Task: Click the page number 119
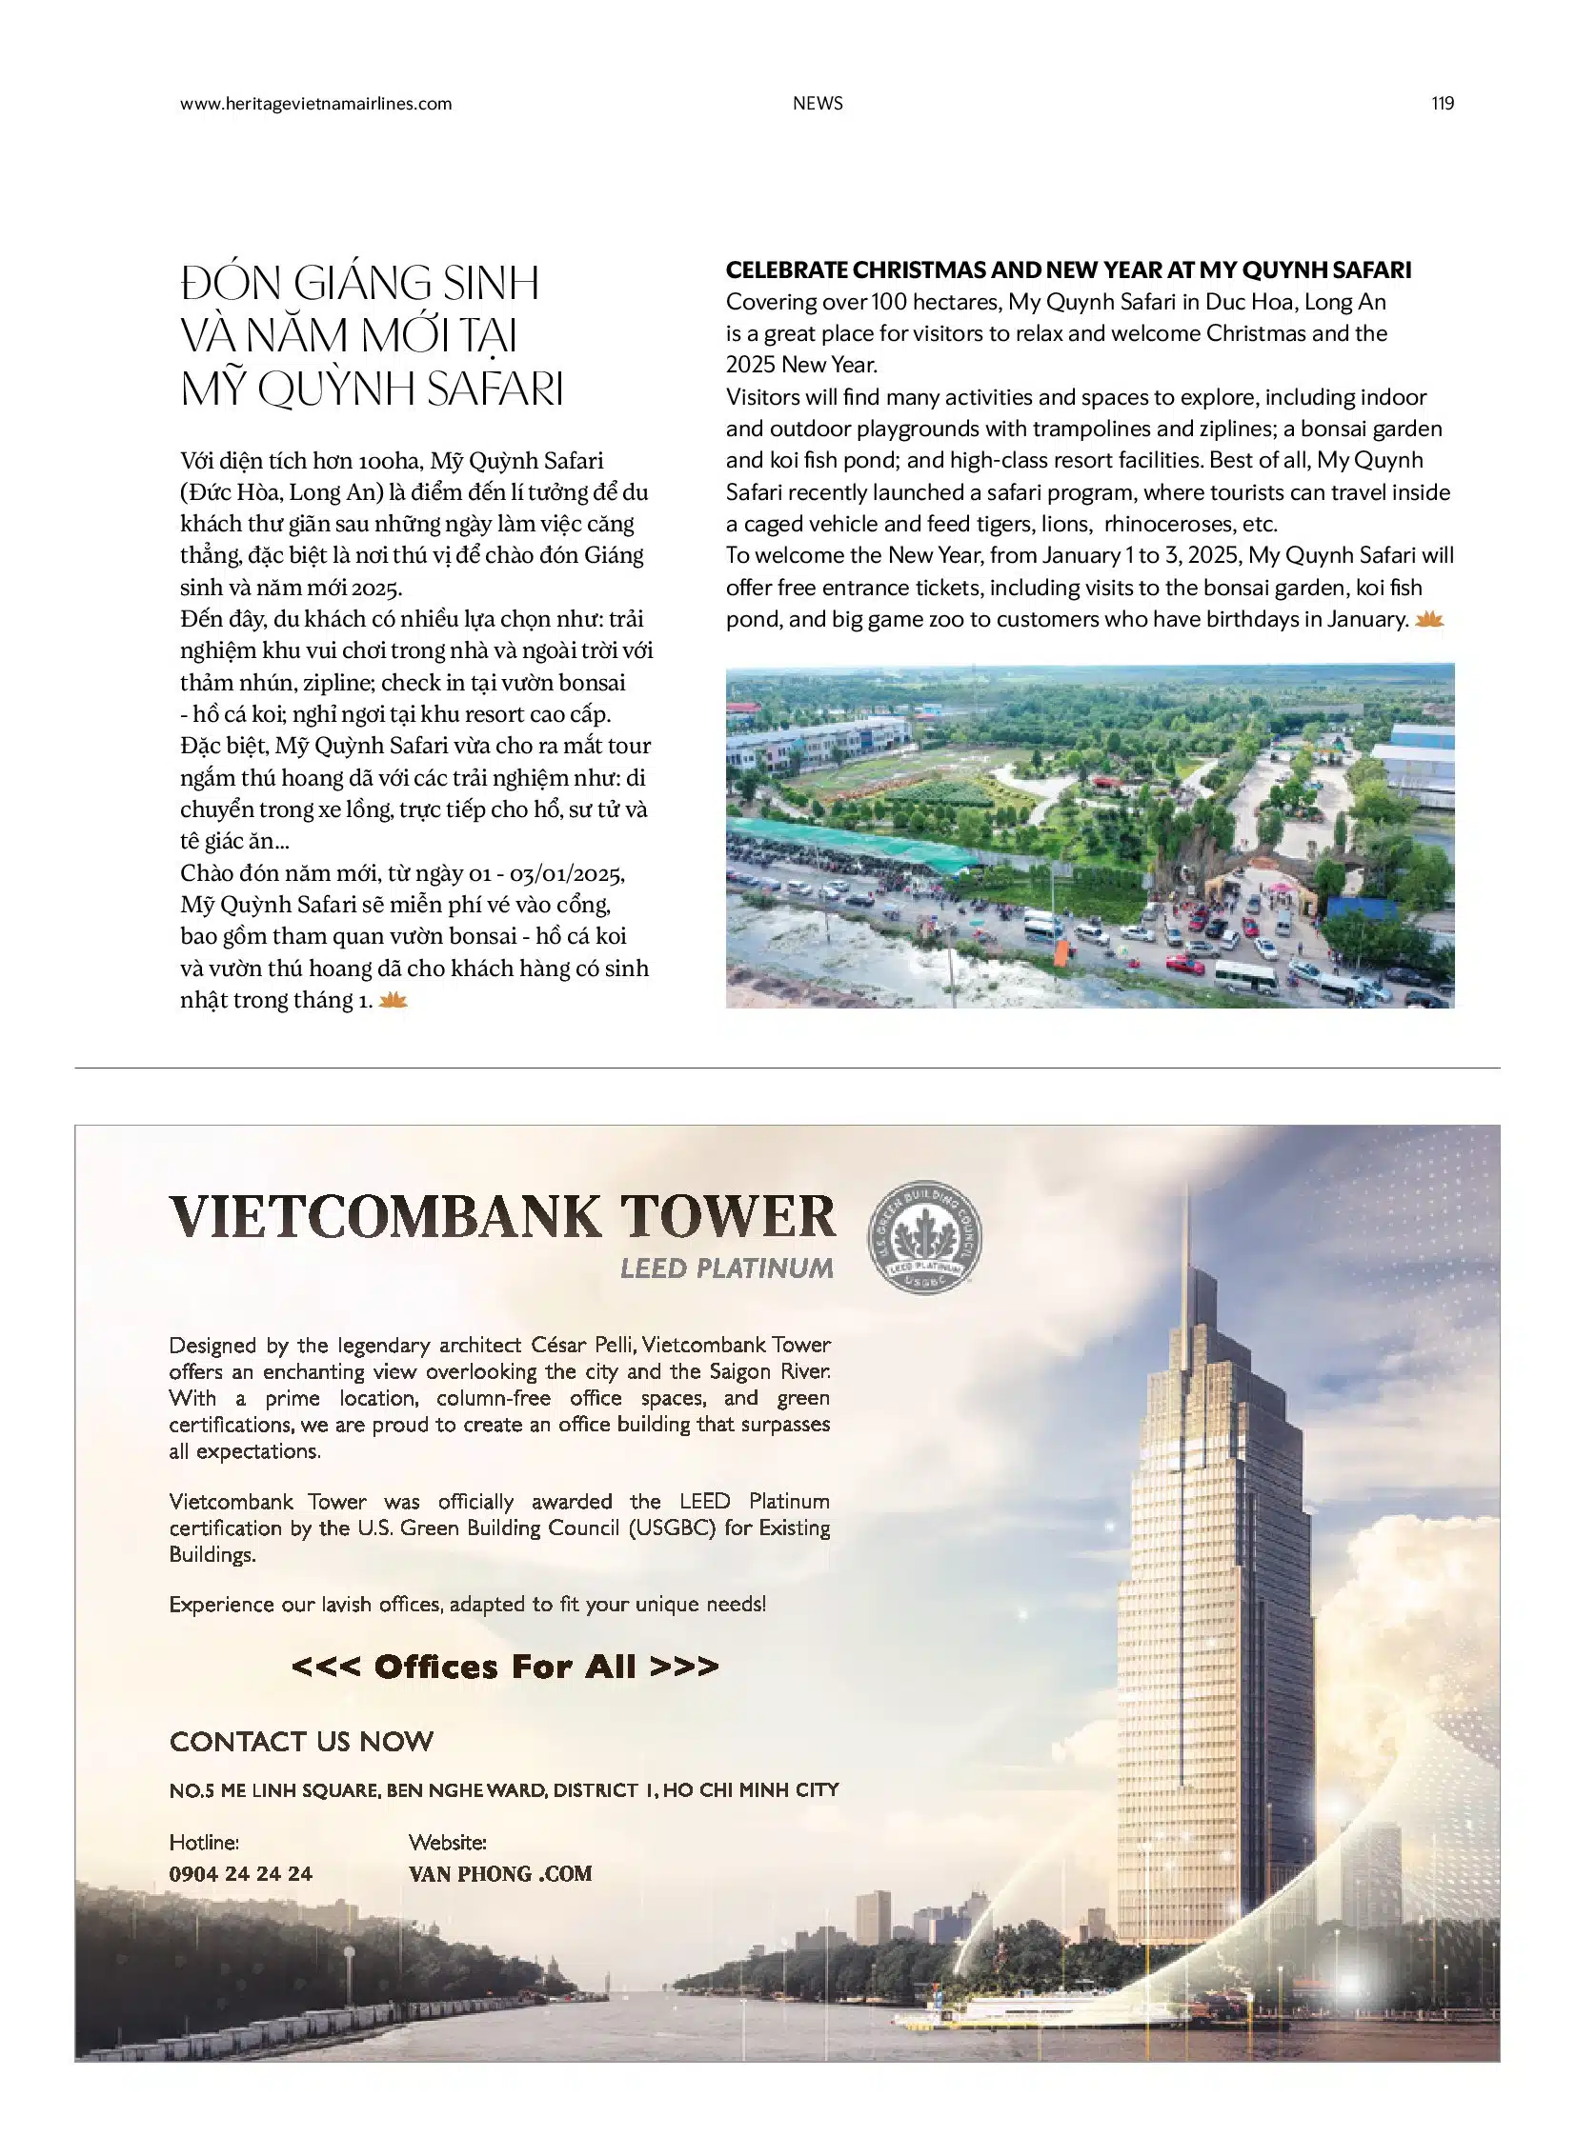pos(1442,104)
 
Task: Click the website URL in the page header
pos(315,104)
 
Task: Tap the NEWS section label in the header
pos(818,104)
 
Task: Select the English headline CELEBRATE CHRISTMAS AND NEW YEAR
pos(1067,270)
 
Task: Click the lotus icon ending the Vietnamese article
pos(393,1000)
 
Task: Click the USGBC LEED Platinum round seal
pos(923,1238)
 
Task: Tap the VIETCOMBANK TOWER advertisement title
pos(503,1218)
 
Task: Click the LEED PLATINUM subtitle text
pos(726,1268)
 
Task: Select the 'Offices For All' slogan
pos(505,1666)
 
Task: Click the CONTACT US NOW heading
pos(301,1741)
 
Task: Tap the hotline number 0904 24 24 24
pos(240,1874)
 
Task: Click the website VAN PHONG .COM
pos(500,1874)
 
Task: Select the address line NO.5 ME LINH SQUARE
pos(504,1790)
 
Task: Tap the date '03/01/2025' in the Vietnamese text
pos(567,873)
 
